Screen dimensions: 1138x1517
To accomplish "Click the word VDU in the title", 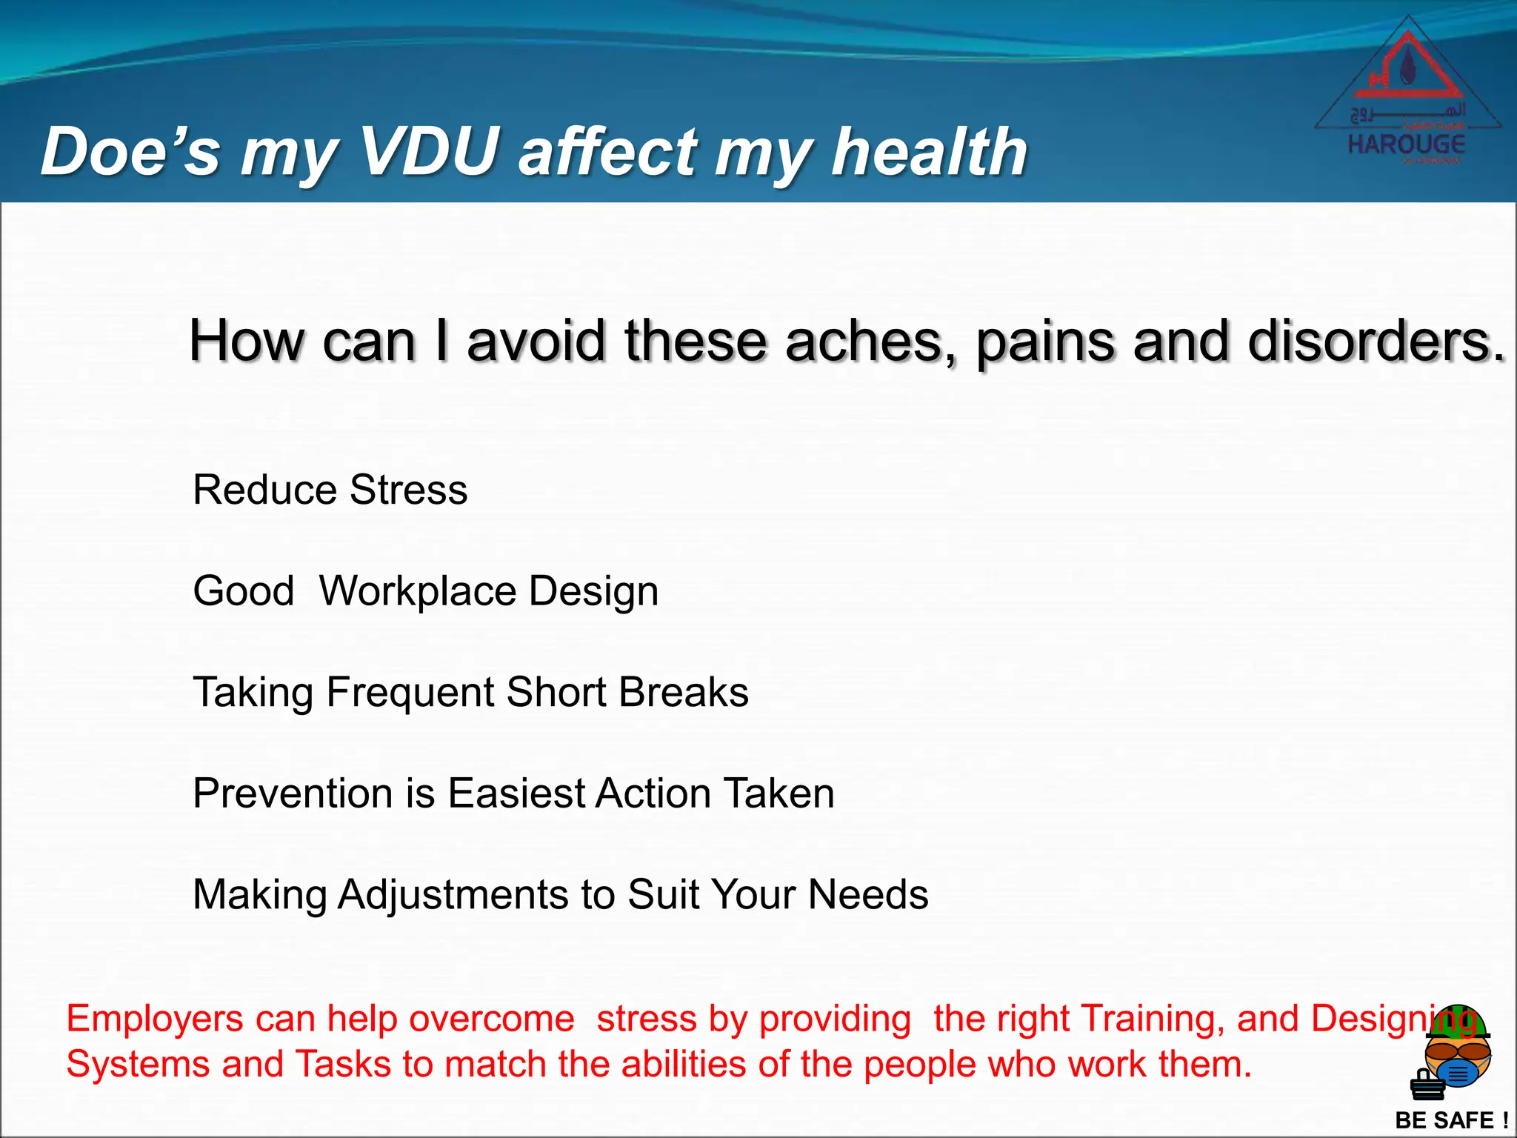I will [x=429, y=152].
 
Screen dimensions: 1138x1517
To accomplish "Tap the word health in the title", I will [x=929, y=152].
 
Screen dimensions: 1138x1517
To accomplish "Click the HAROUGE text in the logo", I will [x=1406, y=144].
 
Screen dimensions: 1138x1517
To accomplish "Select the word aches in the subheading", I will [x=864, y=341].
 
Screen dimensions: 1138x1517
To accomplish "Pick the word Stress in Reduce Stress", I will [x=408, y=490].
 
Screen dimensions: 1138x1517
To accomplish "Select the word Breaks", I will [x=683, y=692].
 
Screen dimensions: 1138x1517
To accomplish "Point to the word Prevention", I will [x=293, y=793].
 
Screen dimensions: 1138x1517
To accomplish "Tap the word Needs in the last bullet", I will [x=867, y=894].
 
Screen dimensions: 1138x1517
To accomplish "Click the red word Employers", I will [x=154, y=1019].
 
